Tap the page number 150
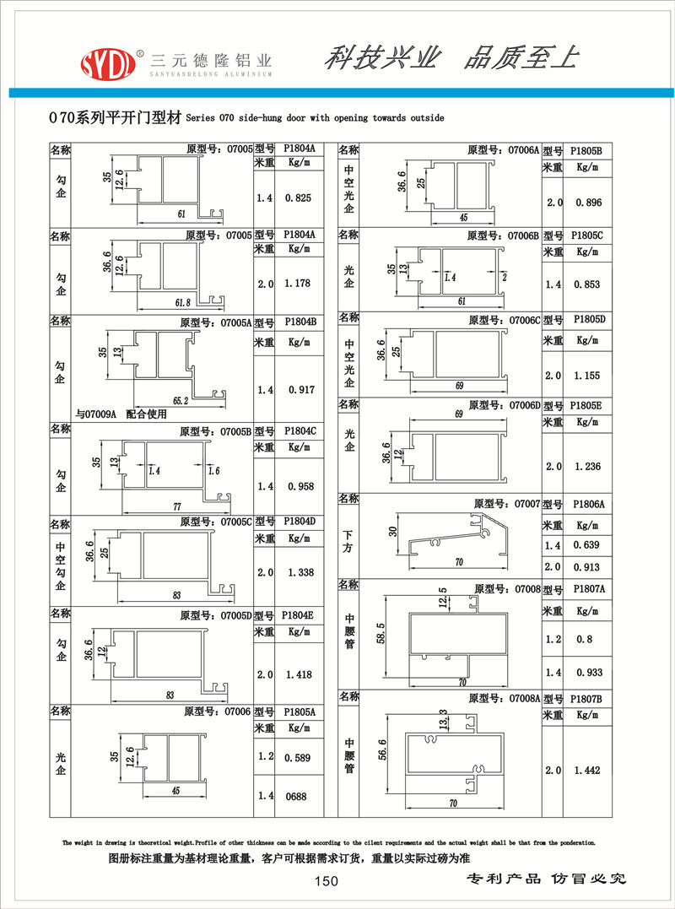pos(326,882)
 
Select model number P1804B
pos(300,322)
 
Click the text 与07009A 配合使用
pos(121,414)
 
